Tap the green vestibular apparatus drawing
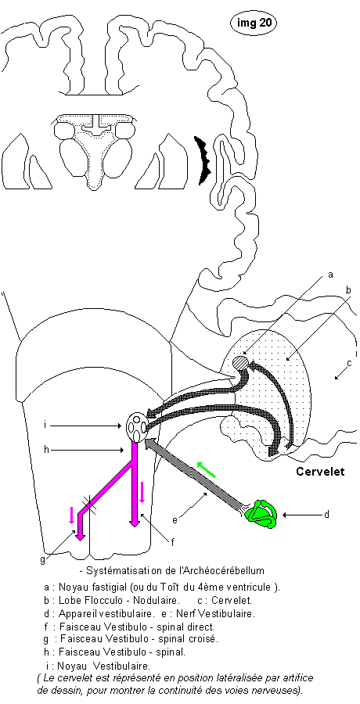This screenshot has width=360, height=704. coord(264,514)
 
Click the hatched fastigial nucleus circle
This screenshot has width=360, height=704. coord(240,363)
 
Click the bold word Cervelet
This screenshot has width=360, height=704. coord(320,472)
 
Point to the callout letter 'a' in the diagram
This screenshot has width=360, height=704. coord(331,275)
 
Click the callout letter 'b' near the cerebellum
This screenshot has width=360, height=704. coord(347,290)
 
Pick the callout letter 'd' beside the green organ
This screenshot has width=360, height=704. coord(326,514)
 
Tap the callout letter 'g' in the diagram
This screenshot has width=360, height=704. coord(43,560)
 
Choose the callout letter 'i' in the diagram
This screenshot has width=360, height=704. coord(46,424)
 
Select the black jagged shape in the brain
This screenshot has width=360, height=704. coord(203,160)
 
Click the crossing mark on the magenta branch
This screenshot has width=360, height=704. coord(89,505)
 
